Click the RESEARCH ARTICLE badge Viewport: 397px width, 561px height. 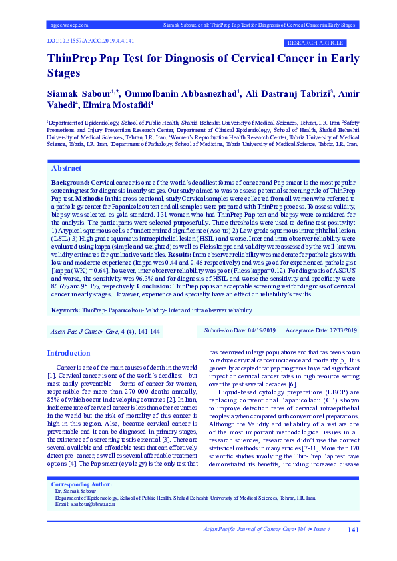click(x=314, y=43)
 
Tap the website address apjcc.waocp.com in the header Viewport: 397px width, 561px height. click(x=69, y=25)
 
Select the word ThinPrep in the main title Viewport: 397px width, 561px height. click(x=74, y=59)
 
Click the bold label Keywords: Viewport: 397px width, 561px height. click(x=65, y=310)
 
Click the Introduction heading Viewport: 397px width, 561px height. click(x=68, y=353)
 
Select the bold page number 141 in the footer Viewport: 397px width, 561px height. click(x=354, y=530)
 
